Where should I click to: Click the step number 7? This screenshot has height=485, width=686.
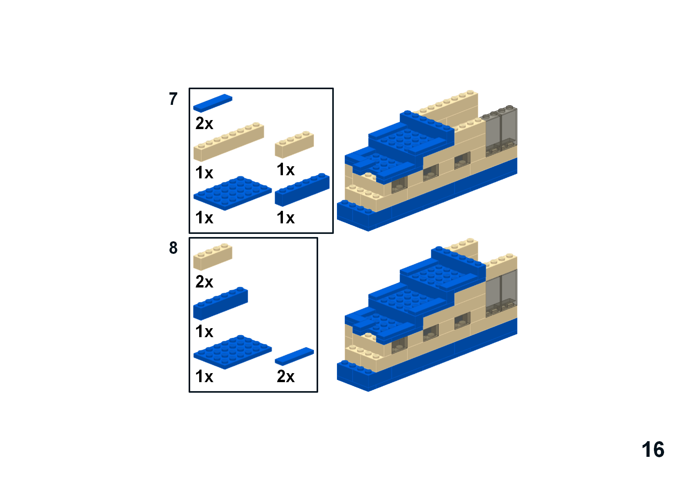click(x=173, y=99)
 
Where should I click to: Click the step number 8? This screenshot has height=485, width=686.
click(x=173, y=248)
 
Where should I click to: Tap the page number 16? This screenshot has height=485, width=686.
click(x=653, y=450)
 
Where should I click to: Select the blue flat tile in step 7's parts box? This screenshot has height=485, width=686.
click(x=212, y=103)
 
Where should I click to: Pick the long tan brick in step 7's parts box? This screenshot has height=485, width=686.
click(x=229, y=142)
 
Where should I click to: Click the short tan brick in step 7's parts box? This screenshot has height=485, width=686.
click(x=294, y=145)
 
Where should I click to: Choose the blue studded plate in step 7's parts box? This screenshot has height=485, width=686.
click(x=232, y=193)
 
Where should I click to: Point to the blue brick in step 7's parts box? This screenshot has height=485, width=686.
click(x=302, y=189)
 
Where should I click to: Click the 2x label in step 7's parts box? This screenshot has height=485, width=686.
click(x=204, y=123)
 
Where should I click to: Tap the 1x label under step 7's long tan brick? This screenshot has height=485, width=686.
click(x=204, y=172)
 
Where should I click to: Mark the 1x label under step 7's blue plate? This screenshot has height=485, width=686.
click(x=204, y=217)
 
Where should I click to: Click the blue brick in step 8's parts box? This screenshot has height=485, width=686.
click(x=220, y=304)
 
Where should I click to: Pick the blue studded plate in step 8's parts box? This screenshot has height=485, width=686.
click(x=232, y=352)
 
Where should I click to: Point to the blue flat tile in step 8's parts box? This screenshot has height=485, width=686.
click(x=294, y=356)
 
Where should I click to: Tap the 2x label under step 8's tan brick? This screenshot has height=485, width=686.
click(x=204, y=282)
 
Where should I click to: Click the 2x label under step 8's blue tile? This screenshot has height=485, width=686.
click(x=286, y=376)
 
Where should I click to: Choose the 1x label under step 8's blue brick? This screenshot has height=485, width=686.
click(x=204, y=331)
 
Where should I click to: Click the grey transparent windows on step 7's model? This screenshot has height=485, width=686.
click(x=501, y=131)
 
